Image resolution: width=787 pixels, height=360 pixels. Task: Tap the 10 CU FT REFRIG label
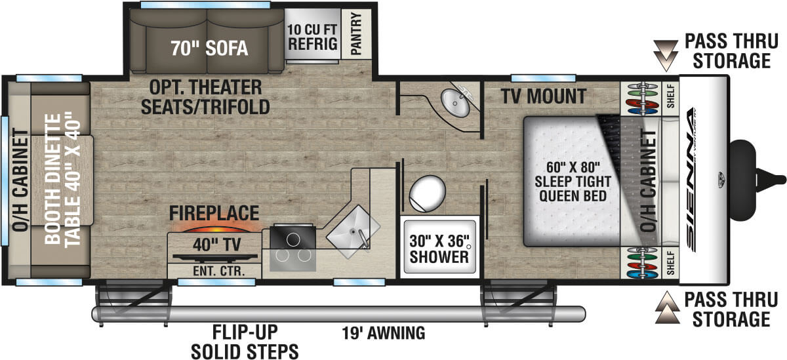312,37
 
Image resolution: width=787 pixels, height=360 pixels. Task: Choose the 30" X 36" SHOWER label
439,248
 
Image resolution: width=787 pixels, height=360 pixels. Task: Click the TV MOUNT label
543,96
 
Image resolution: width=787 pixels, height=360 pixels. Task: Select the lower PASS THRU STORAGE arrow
666,307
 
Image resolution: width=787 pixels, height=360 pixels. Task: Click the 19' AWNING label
383,333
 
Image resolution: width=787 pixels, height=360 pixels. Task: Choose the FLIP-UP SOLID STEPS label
245,342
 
